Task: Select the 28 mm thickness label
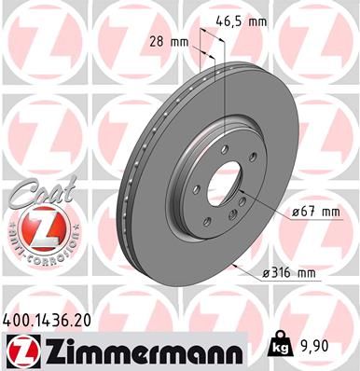point(167,41)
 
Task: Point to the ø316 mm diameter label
point(291,274)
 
